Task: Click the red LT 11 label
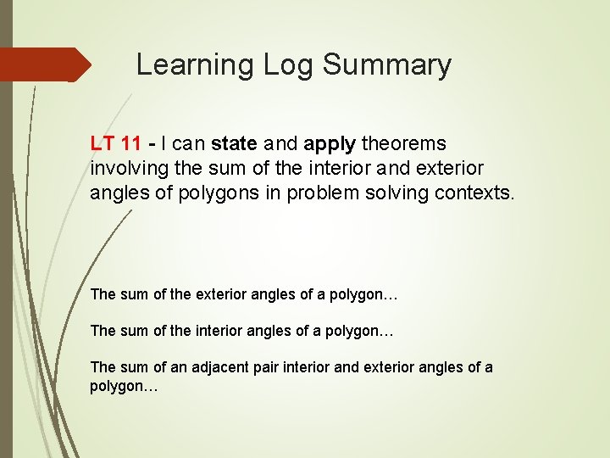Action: click(x=115, y=143)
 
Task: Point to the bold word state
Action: click(x=234, y=143)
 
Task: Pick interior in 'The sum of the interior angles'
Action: click(x=216, y=331)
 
